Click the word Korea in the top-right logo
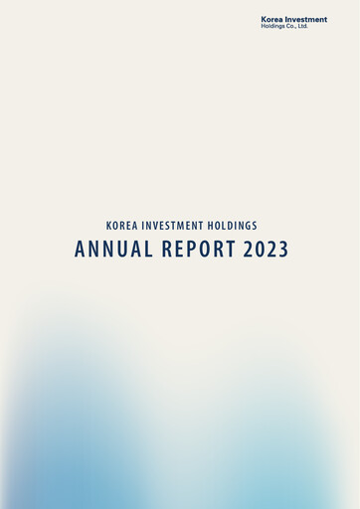click(x=271, y=19)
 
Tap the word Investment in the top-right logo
click(x=306, y=19)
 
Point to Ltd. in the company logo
click(x=302, y=26)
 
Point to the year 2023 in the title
click(x=266, y=250)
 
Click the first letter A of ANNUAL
click(x=80, y=250)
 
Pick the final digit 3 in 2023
click(x=283, y=250)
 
